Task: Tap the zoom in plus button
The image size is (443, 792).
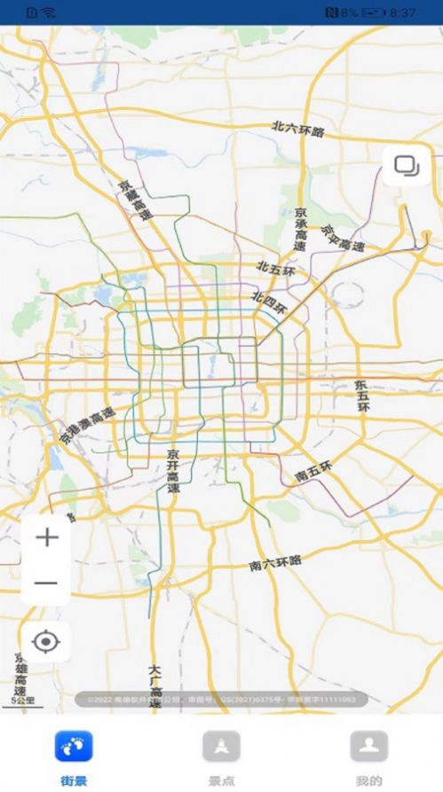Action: coord(46,537)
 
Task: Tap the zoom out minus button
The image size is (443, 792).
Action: coord(46,584)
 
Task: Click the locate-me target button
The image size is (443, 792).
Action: coord(46,639)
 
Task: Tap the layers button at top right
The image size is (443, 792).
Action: coord(407,166)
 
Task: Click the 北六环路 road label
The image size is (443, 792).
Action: coord(298,129)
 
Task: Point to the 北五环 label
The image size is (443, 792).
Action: coord(276,268)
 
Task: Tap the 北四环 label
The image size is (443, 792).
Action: coord(270,302)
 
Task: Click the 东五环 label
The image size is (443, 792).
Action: coord(361,406)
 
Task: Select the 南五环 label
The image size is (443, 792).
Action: coord(313,471)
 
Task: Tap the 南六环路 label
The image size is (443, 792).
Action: coord(275,562)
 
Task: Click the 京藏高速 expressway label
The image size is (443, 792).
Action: coord(136,201)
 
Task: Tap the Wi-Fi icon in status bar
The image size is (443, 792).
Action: coord(48,12)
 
